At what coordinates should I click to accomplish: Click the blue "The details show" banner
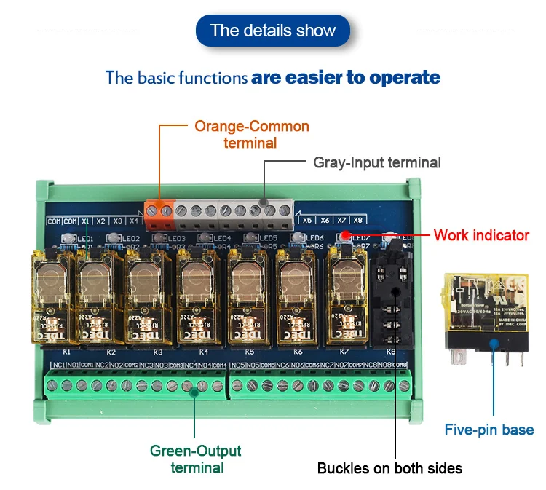point(273,31)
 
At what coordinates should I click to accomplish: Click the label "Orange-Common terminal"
point(251,135)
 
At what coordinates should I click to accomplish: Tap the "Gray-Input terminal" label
point(377,162)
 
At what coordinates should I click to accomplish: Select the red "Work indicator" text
point(481,235)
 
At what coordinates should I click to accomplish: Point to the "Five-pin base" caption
point(489,430)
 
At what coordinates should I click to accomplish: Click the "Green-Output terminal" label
point(196,459)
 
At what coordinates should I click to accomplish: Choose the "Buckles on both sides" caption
point(389,468)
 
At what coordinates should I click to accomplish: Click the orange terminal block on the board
point(160,210)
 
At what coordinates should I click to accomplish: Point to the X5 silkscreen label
point(307,219)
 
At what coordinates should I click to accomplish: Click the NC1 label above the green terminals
point(58,364)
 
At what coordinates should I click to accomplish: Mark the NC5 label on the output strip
point(237,364)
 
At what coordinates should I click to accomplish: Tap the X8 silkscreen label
point(358,219)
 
